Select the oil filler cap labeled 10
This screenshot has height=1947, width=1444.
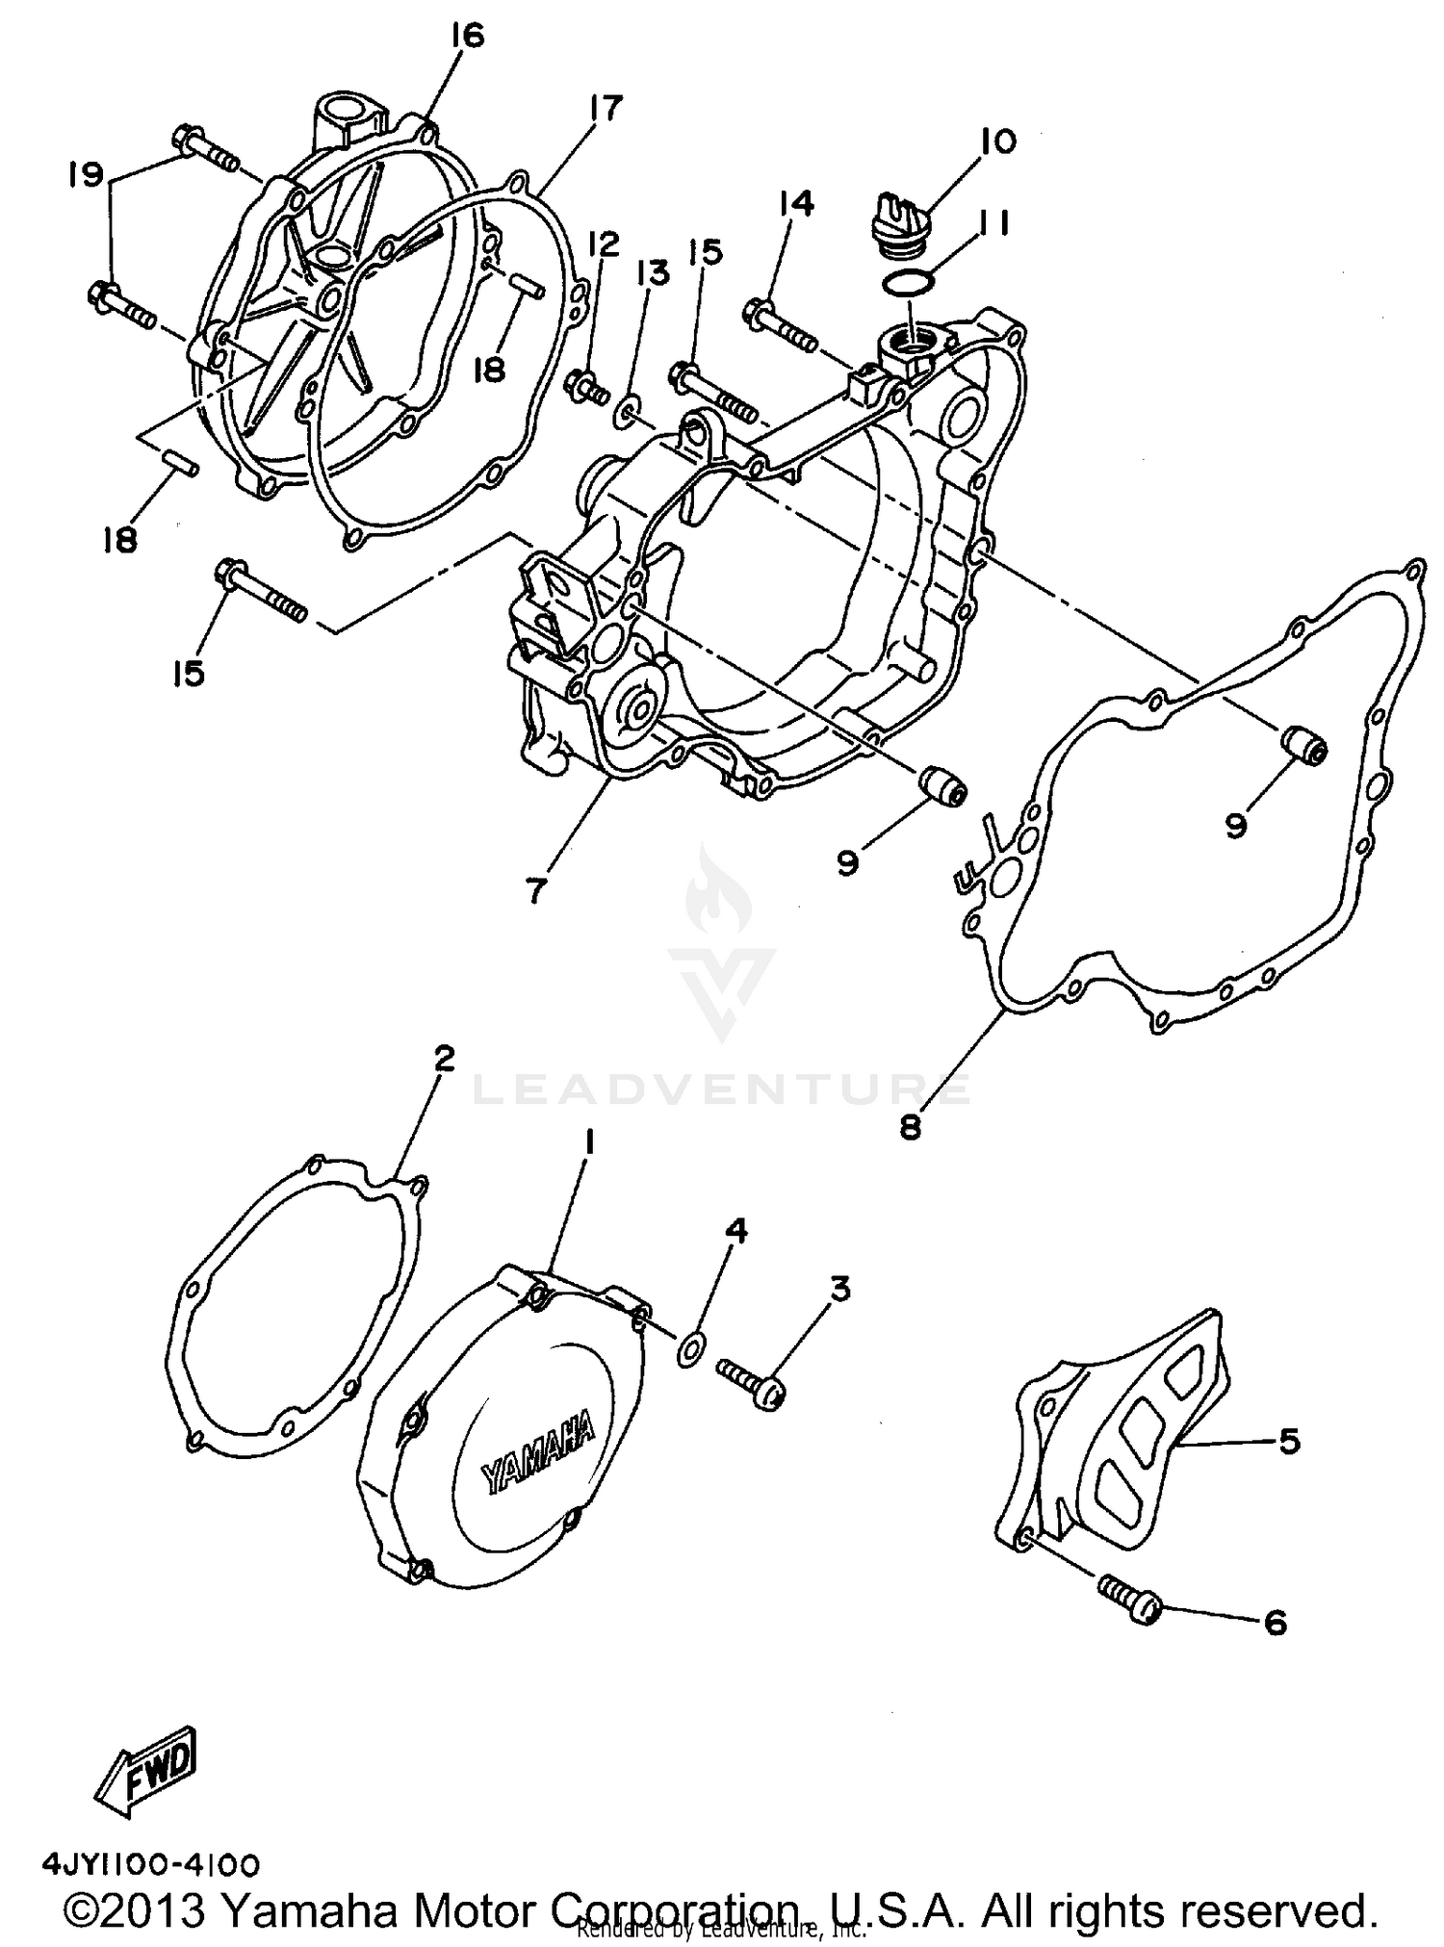tap(897, 229)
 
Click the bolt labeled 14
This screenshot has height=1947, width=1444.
tap(780, 324)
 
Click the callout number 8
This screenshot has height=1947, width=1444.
tap(911, 1126)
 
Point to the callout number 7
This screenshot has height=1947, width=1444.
tap(535, 889)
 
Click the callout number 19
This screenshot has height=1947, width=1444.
tap(85, 175)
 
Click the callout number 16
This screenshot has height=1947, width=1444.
tap(466, 37)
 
